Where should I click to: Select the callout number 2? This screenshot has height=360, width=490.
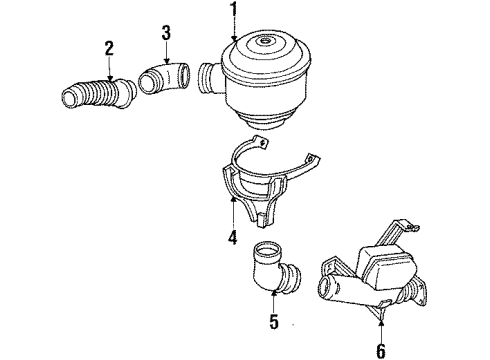tap(109, 48)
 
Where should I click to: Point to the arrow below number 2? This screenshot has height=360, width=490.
tap(109, 68)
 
